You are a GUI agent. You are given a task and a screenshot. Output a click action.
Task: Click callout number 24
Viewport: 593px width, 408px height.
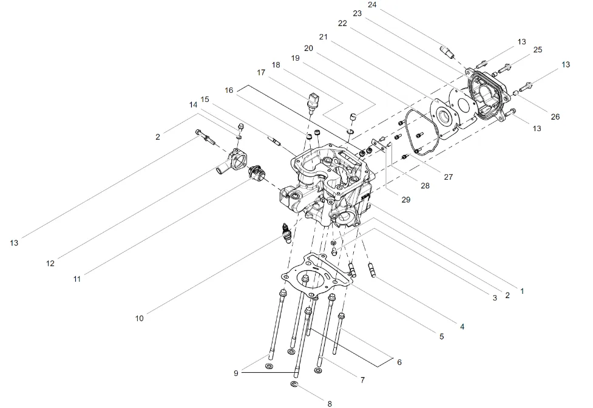(x=389, y=5)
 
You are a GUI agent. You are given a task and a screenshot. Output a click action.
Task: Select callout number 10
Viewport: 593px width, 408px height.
(x=140, y=318)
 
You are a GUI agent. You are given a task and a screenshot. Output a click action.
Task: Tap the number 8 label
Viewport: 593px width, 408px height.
(x=330, y=403)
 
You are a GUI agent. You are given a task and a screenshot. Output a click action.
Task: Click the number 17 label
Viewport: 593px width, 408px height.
(x=262, y=72)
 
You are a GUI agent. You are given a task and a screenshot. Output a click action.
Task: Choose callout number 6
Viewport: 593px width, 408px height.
(x=399, y=362)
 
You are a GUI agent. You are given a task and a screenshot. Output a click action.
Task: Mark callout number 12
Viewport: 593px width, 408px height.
(x=50, y=263)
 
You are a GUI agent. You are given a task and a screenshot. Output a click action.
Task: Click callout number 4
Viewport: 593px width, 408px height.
(x=462, y=327)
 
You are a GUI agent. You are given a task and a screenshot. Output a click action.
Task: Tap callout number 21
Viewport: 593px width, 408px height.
(x=323, y=36)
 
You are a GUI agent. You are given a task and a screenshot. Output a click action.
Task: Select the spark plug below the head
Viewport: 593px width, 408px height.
(x=285, y=232)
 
